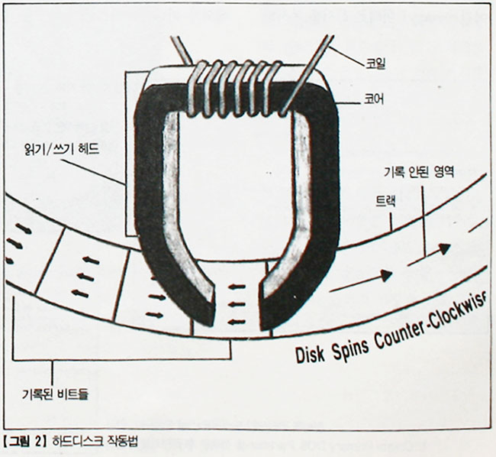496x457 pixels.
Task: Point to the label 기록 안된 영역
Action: [x=420, y=173]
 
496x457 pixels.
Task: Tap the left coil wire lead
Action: [x=182, y=49]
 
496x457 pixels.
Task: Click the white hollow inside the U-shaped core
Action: [x=237, y=191]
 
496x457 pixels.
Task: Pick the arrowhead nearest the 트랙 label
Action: [x=443, y=248]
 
